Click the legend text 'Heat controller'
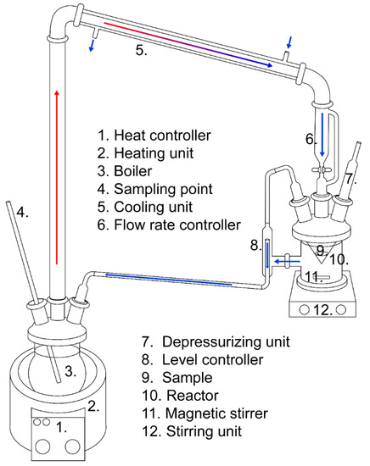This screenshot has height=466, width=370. tap(162, 136)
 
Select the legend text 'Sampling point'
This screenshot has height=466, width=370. tap(163, 189)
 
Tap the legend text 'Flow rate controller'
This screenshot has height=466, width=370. tap(177, 225)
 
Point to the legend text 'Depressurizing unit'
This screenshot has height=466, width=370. tap(226, 341)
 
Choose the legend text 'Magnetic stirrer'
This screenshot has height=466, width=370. tap(216, 413)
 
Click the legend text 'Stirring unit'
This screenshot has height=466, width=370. tap(204, 431)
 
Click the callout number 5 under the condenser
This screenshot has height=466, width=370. tap(141, 50)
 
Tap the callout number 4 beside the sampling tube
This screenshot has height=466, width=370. tap(23, 212)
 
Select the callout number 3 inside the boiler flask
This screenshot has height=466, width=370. tap(70, 371)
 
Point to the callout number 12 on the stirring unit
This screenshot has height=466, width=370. tap(323, 310)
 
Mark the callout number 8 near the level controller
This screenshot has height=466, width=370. tap(256, 246)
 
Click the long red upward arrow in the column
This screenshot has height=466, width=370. tap(57, 177)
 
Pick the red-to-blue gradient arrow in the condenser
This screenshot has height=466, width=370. tap(188, 44)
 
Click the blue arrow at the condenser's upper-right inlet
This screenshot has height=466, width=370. tap(289, 42)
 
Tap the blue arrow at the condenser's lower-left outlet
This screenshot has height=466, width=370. tap(92, 45)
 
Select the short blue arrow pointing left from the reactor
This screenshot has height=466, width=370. tap(287, 262)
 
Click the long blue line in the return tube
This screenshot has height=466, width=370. tap(169, 280)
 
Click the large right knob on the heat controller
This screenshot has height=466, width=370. tap(72, 447)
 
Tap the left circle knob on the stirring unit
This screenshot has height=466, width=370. tap(304, 309)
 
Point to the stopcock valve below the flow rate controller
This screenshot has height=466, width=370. tap(322, 170)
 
